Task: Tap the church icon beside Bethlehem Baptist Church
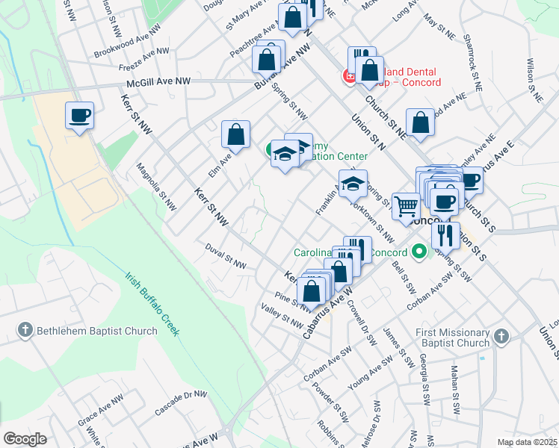coord(24,329)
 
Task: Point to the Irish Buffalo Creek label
coord(152,302)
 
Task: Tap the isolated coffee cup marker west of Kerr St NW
coord(79,116)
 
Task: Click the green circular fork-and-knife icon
coord(420,252)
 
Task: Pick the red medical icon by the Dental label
coord(348,75)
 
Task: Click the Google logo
coord(25,439)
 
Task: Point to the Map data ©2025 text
coord(527,442)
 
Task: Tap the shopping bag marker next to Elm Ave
coord(235,135)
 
